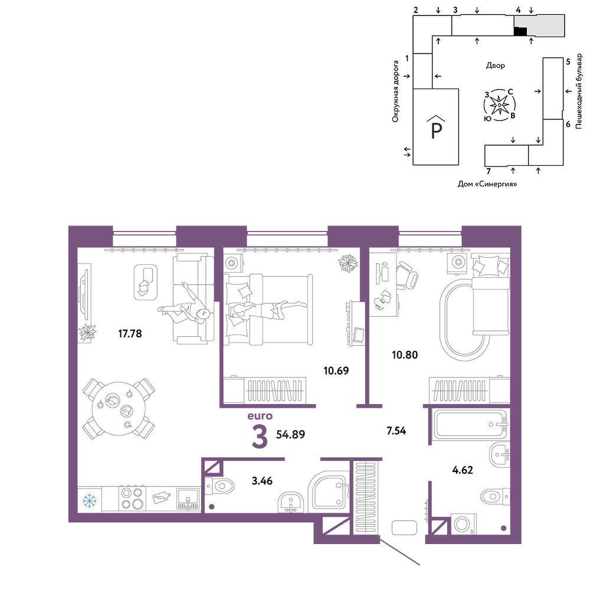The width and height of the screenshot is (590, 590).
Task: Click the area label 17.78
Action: pyautogui.click(x=130, y=334)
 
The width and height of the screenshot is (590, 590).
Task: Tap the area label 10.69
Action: pyautogui.click(x=336, y=371)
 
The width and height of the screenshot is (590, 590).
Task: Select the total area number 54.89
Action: pyautogui.click(x=290, y=435)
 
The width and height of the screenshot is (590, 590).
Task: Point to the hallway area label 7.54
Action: pyautogui.click(x=396, y=431)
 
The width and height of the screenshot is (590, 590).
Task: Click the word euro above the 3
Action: pyautogui.click(x=260, y=416)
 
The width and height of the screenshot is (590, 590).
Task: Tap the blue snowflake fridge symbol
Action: pyautogui.click(x=90, y=500)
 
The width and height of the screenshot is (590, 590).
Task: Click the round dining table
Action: pyautogui.click(x=119, y=409)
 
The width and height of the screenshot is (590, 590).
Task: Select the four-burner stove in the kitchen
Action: pyautogui.click(x=132, y=499)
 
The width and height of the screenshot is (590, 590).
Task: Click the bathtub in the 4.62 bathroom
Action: pyautogui.click(x=470, y=424)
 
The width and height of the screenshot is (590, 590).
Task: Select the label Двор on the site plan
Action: pyautogui.click(x=496, y=65)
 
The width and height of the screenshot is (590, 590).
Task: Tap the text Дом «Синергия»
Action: pyautogui.click(x=487, y=184)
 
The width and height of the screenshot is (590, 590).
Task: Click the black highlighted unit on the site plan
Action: pyautogui.click(x=520, y=32)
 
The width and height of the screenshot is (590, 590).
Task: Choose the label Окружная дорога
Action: pyautogui.click(x=395, y=91)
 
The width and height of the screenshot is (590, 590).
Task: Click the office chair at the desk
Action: pyautogui.click(x=407, y=276)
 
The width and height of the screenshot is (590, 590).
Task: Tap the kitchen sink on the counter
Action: pyautogui.click(x=188, y=499)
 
